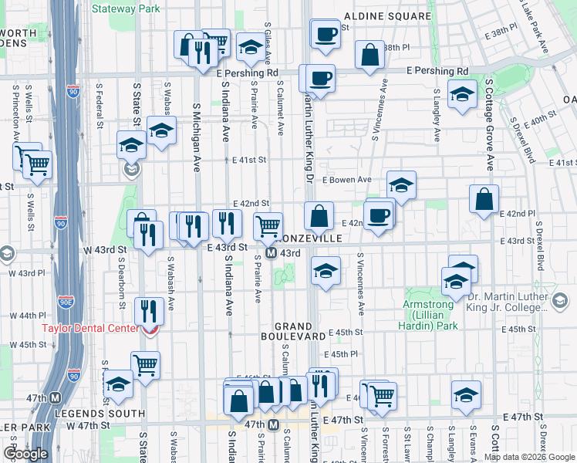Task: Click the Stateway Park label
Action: click(125, 9)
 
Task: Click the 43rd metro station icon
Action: click(272, 253)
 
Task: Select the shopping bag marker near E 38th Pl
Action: click(370, 55)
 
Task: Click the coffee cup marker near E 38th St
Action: click(325, 34)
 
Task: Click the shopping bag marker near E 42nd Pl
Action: click(483, 200)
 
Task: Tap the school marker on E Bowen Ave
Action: click(401, 185)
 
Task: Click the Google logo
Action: click(25, 454)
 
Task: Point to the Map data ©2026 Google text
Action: click(530, 457)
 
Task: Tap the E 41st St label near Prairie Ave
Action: click(249, 161)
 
